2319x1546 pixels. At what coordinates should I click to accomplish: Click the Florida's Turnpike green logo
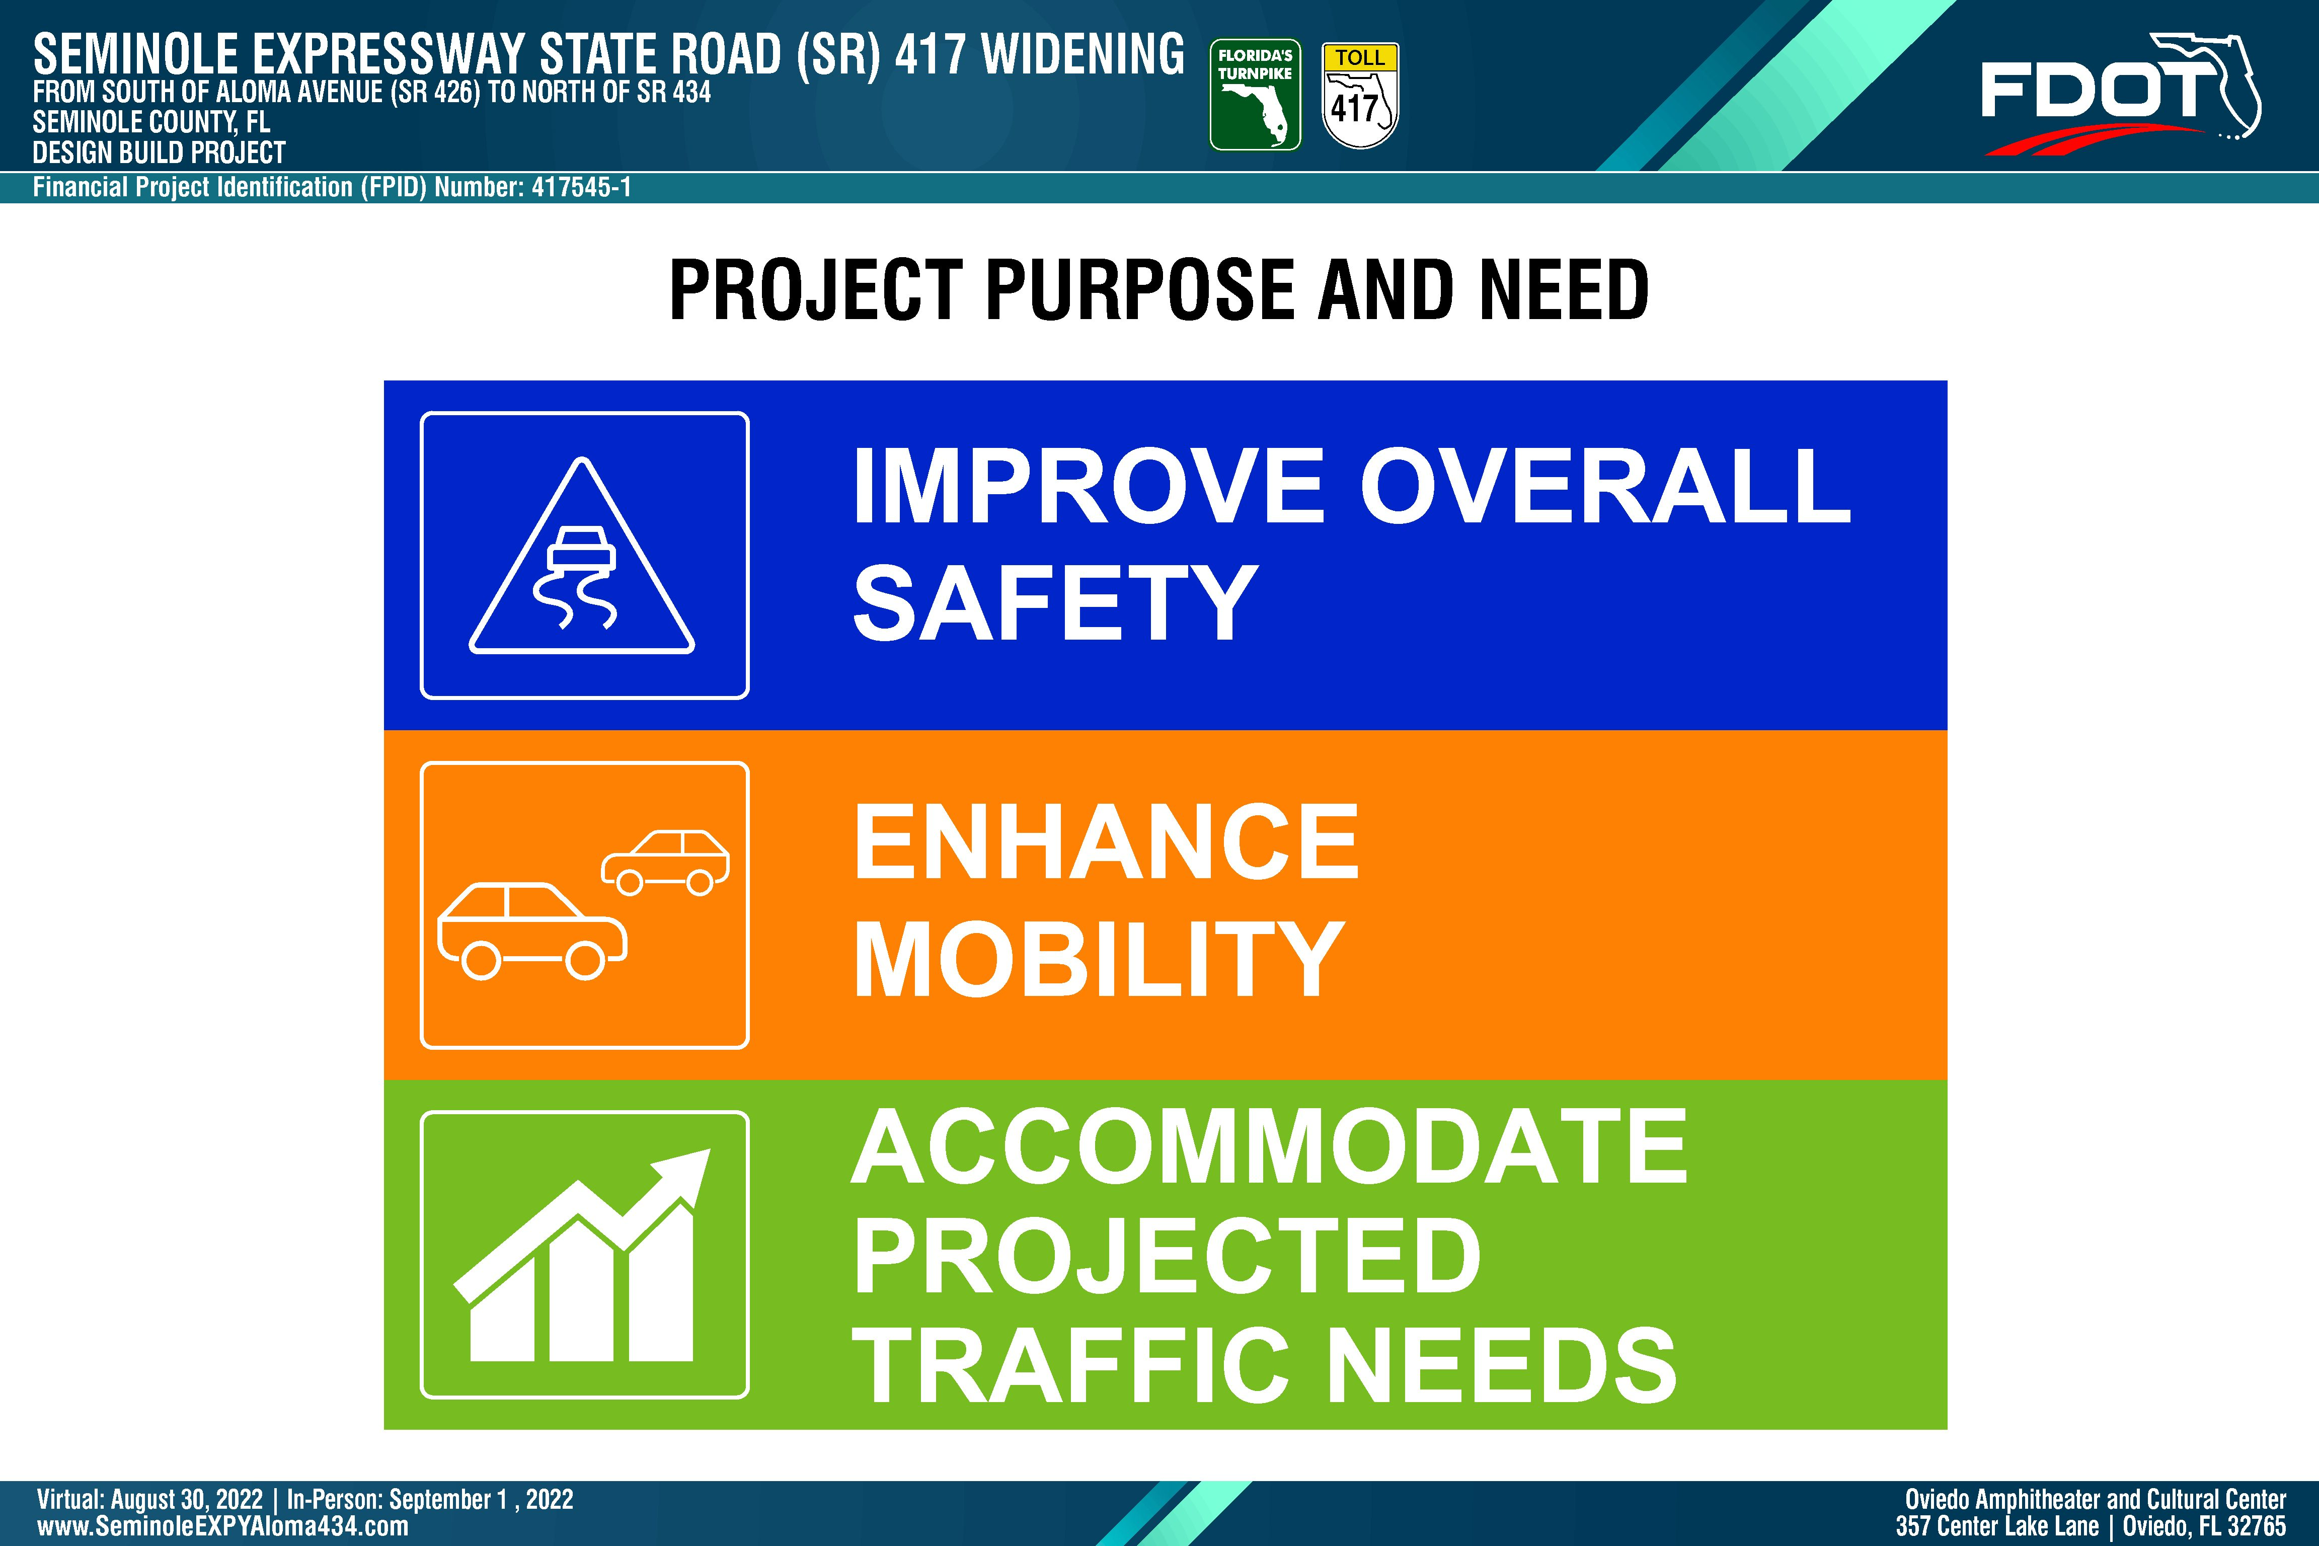click(1255, 95)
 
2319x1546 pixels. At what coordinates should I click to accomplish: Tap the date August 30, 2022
click(186, 1500)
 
